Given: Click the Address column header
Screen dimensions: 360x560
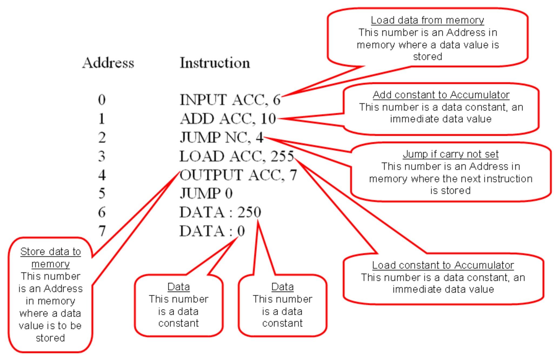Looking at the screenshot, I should point(108,63).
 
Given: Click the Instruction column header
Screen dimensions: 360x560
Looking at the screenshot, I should point(215,63).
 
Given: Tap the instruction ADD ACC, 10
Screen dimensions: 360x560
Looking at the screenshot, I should point(228,119).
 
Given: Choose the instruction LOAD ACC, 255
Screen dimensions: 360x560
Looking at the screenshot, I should point(236,156).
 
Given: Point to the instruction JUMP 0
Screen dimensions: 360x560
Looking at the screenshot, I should point(206,194).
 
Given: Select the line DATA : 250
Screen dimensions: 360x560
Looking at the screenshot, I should point(220,212).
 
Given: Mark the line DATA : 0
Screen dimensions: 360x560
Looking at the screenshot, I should point(212,231).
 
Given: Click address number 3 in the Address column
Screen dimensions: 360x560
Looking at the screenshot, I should point(102,156).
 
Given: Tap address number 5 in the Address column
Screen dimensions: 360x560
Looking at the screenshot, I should point(102,194).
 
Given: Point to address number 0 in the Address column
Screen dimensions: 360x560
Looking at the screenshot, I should point(102,100).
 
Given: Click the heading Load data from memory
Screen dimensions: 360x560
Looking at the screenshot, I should point(427,20).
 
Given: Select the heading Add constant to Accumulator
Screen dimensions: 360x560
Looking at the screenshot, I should point(441,95).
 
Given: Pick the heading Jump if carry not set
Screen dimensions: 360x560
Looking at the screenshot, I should point(451,154).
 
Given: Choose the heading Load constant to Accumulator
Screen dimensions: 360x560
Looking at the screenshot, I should point(443,265).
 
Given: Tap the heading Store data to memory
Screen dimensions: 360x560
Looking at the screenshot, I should point(51,258).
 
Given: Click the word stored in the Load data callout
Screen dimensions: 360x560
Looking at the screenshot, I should point(428,57).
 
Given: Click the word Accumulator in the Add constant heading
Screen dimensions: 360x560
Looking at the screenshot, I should point(480,95).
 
